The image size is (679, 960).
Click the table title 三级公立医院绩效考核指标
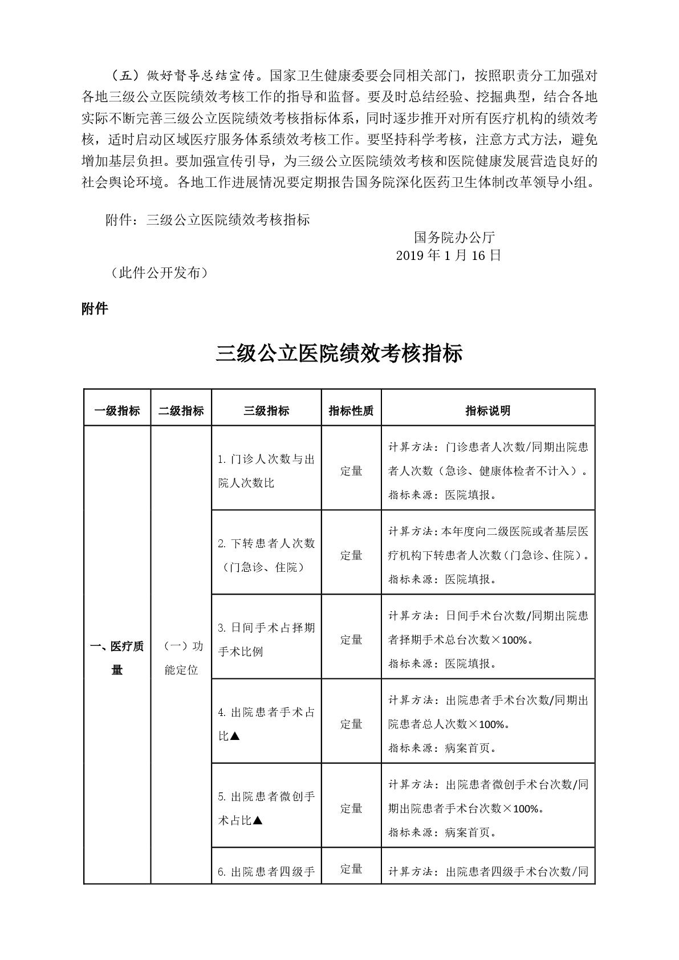(x=339, y=353)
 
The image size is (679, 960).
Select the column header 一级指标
(x=117, y=410)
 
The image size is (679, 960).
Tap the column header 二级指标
(x=181, y=410)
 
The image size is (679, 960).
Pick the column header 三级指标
(x=266, y=410)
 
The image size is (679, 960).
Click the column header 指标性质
(x=351, y=410)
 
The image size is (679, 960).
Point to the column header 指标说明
(x=487, y=410)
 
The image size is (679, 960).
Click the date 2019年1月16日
(x=448, y=255)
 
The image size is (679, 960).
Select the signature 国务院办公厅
(x=454, y=237)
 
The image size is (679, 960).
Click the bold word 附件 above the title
(x=95, y=309)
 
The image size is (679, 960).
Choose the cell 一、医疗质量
(x=117, y=657)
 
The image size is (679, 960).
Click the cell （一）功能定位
(x=181, y=657)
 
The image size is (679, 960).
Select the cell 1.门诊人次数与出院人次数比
(x=266, y=471)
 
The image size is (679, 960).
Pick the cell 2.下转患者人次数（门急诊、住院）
(x=266, y=555)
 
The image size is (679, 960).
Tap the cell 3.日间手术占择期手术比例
(x=266, y=640)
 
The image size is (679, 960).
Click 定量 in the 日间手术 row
(x=351, y=640)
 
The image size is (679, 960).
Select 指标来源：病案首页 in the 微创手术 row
(x=442, y=832)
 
